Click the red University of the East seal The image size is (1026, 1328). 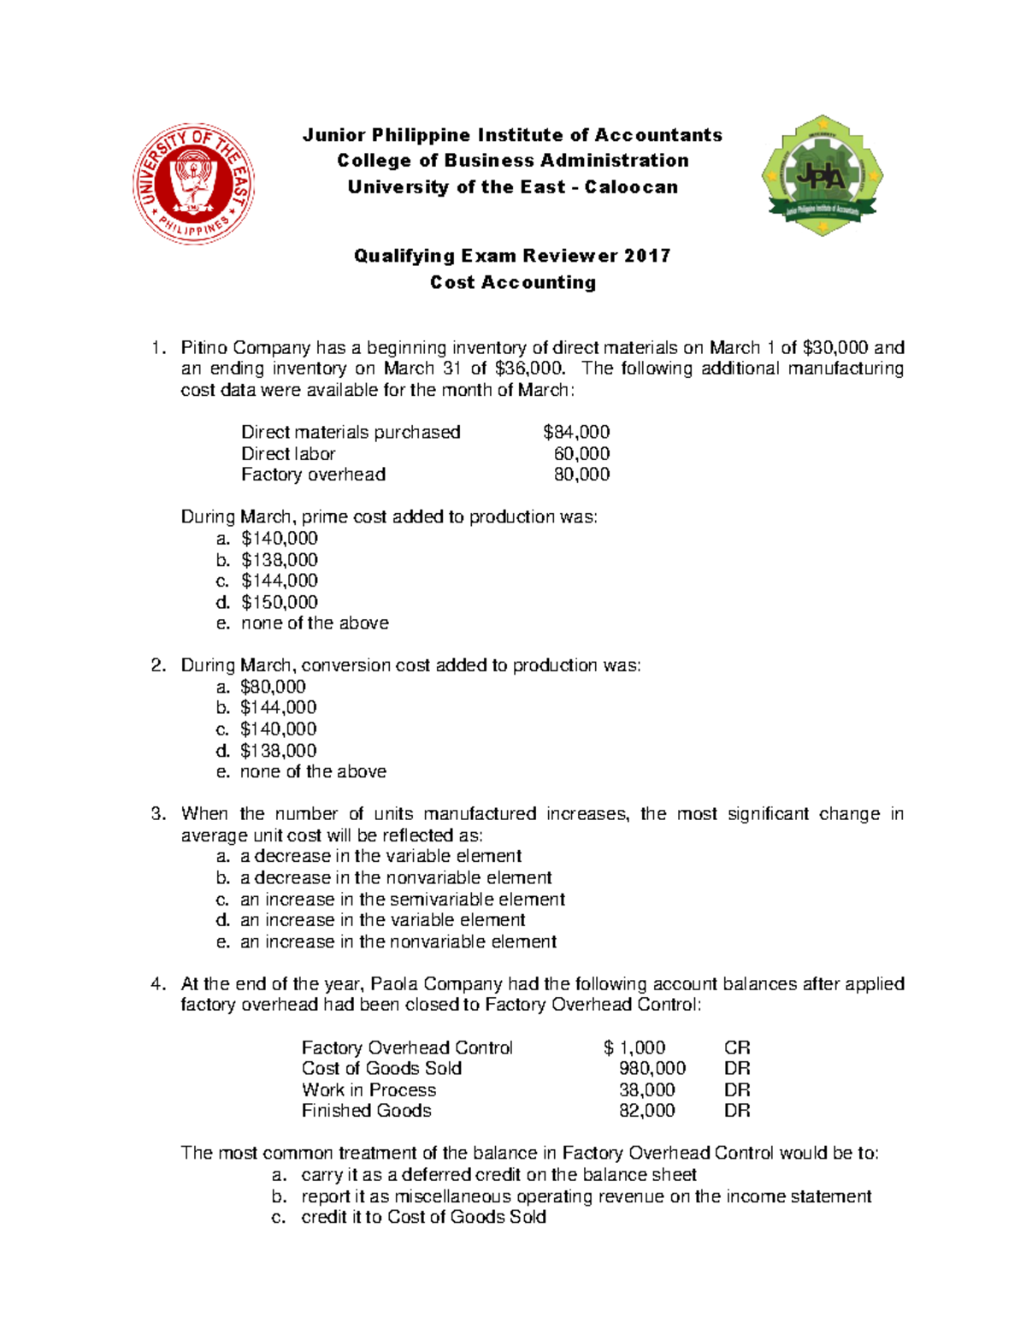pyautogui.click(x=194, y=183)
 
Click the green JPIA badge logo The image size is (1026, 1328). pyautogui.click(x=822, y=176)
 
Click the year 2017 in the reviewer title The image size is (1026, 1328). pyautogui.click(x=647, y=256)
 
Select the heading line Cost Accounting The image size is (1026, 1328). pyautogui.click(x=513, y=282)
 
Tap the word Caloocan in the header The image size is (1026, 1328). pyautogui.click(x=631, y=187)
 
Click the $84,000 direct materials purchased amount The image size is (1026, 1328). pyautogui.click(x=576, y=432)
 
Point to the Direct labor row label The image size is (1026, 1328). pyautogui.click(x=288, y=453)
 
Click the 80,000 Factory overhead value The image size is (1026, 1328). pyautogui.click(x=581, y=475)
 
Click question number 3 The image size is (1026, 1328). pyautogui.click(x=157, y=814)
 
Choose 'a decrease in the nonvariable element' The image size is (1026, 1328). pyautogui.click(x=396, y=877)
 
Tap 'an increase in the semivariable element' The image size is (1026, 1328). pyautogui.click(x=402, y=899)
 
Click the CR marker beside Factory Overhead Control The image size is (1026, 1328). pyautogui.click(x=737, y=1048)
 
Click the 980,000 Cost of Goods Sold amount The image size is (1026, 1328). pyautogui.click(x=652, y=1068)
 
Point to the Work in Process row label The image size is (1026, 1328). pyautogui.click(x=369, y=1089)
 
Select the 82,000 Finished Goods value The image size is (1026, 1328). pyautogui.click(x=646, y=1111)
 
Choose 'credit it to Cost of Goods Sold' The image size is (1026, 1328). pyautogui.click(x=423, y=1217)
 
